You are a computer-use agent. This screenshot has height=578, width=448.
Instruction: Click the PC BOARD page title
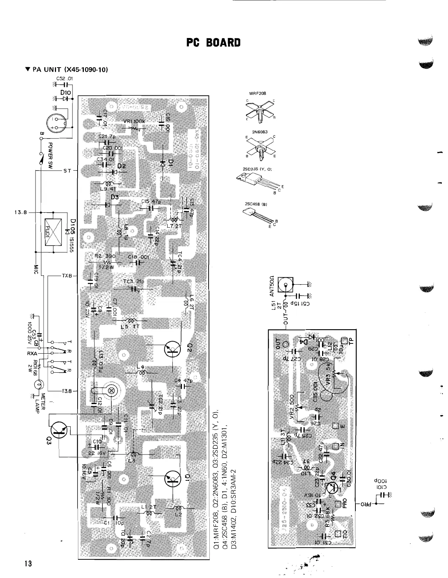pos(213,43)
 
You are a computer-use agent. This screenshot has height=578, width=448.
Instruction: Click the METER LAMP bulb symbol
pos(38,384)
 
